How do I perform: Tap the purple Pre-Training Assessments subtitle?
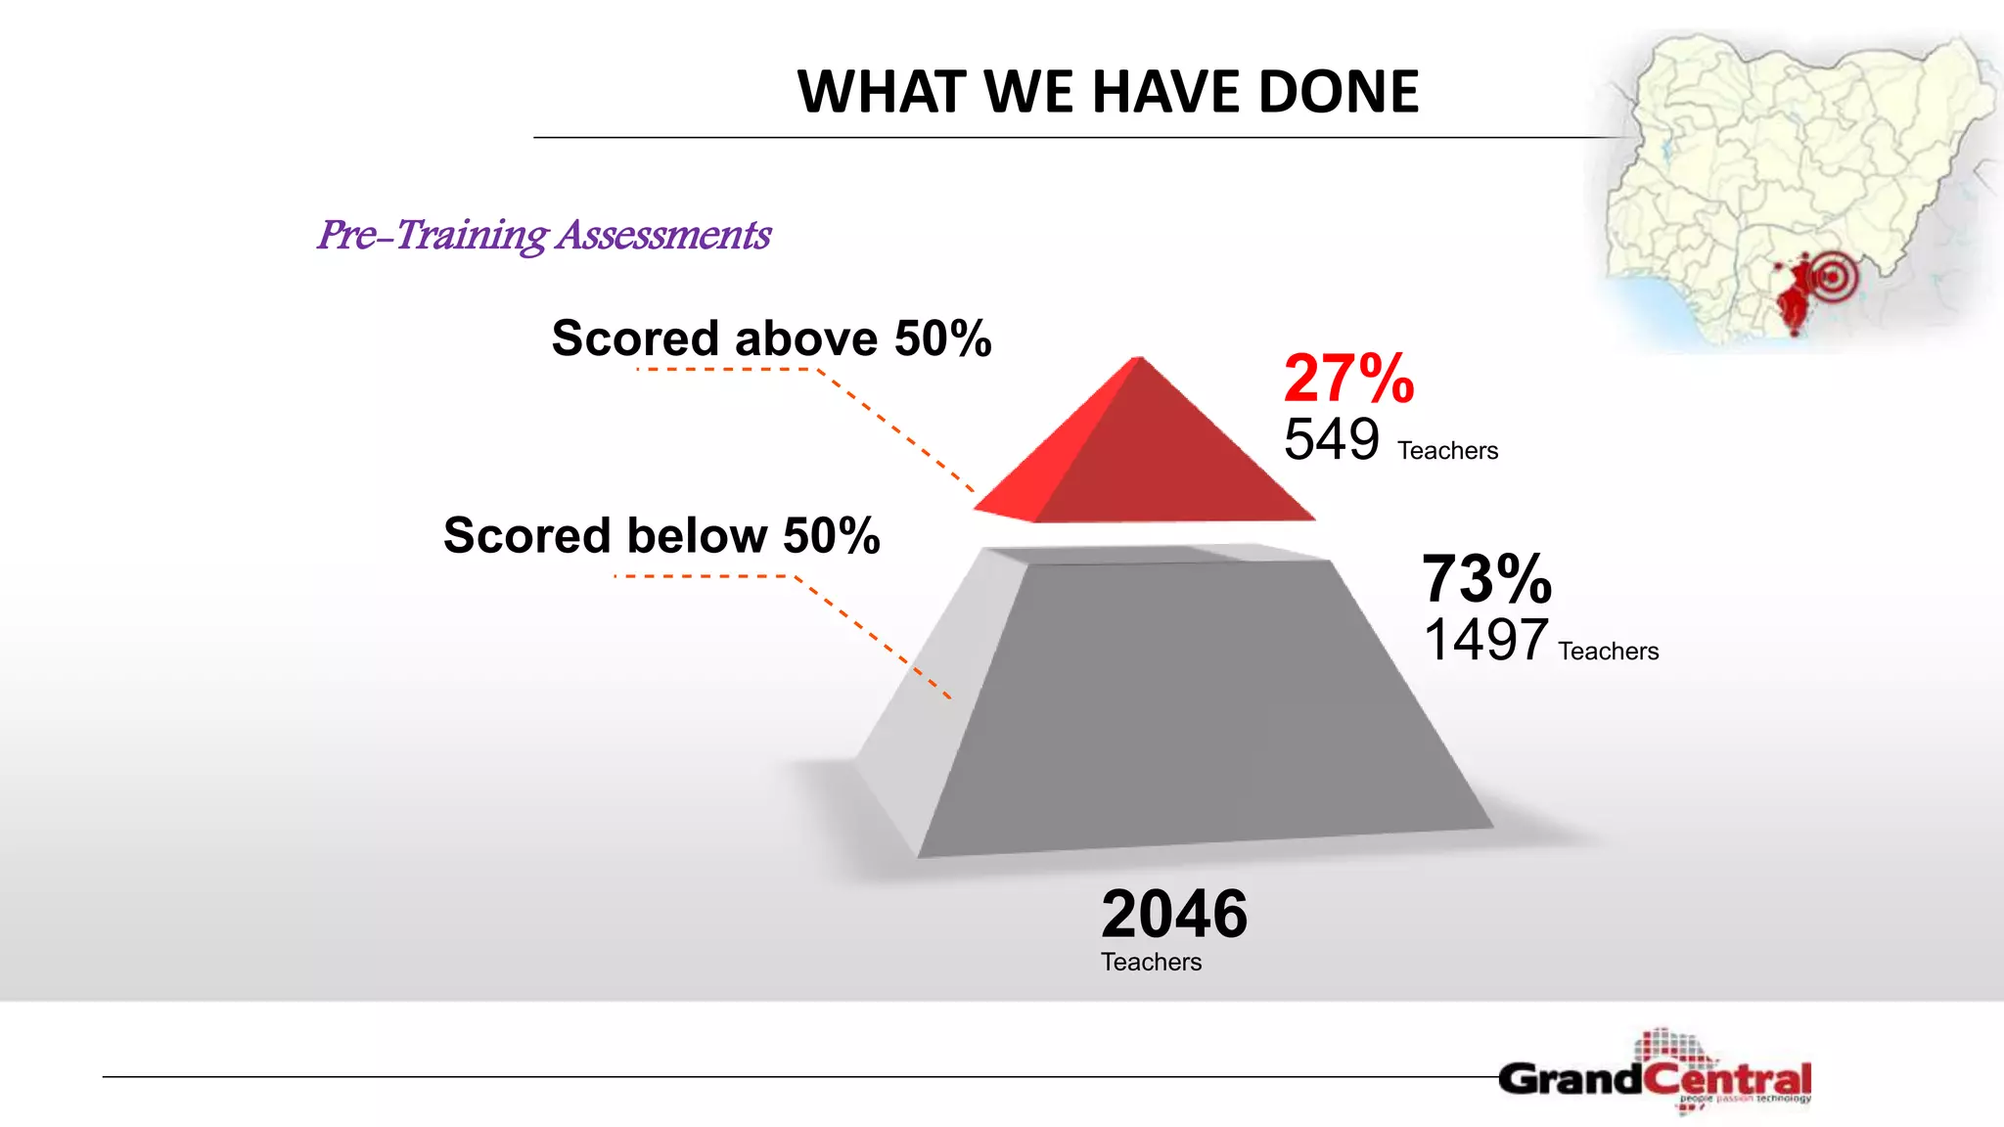point(544,235)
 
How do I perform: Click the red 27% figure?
point(1348,379)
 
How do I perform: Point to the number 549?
point(1331,439)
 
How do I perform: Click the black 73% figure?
point(1485,578)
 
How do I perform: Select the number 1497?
point(1484,640)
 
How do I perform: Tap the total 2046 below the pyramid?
point(1174,914)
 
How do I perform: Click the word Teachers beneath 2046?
point(1151,962)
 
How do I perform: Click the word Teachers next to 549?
point(1447,451)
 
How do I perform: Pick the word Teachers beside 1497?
point(1608,652)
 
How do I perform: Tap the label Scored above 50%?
point(771,338)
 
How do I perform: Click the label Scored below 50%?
point(661,536)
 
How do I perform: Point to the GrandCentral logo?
point(1654,1076)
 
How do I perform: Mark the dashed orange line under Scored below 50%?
point(705,576)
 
